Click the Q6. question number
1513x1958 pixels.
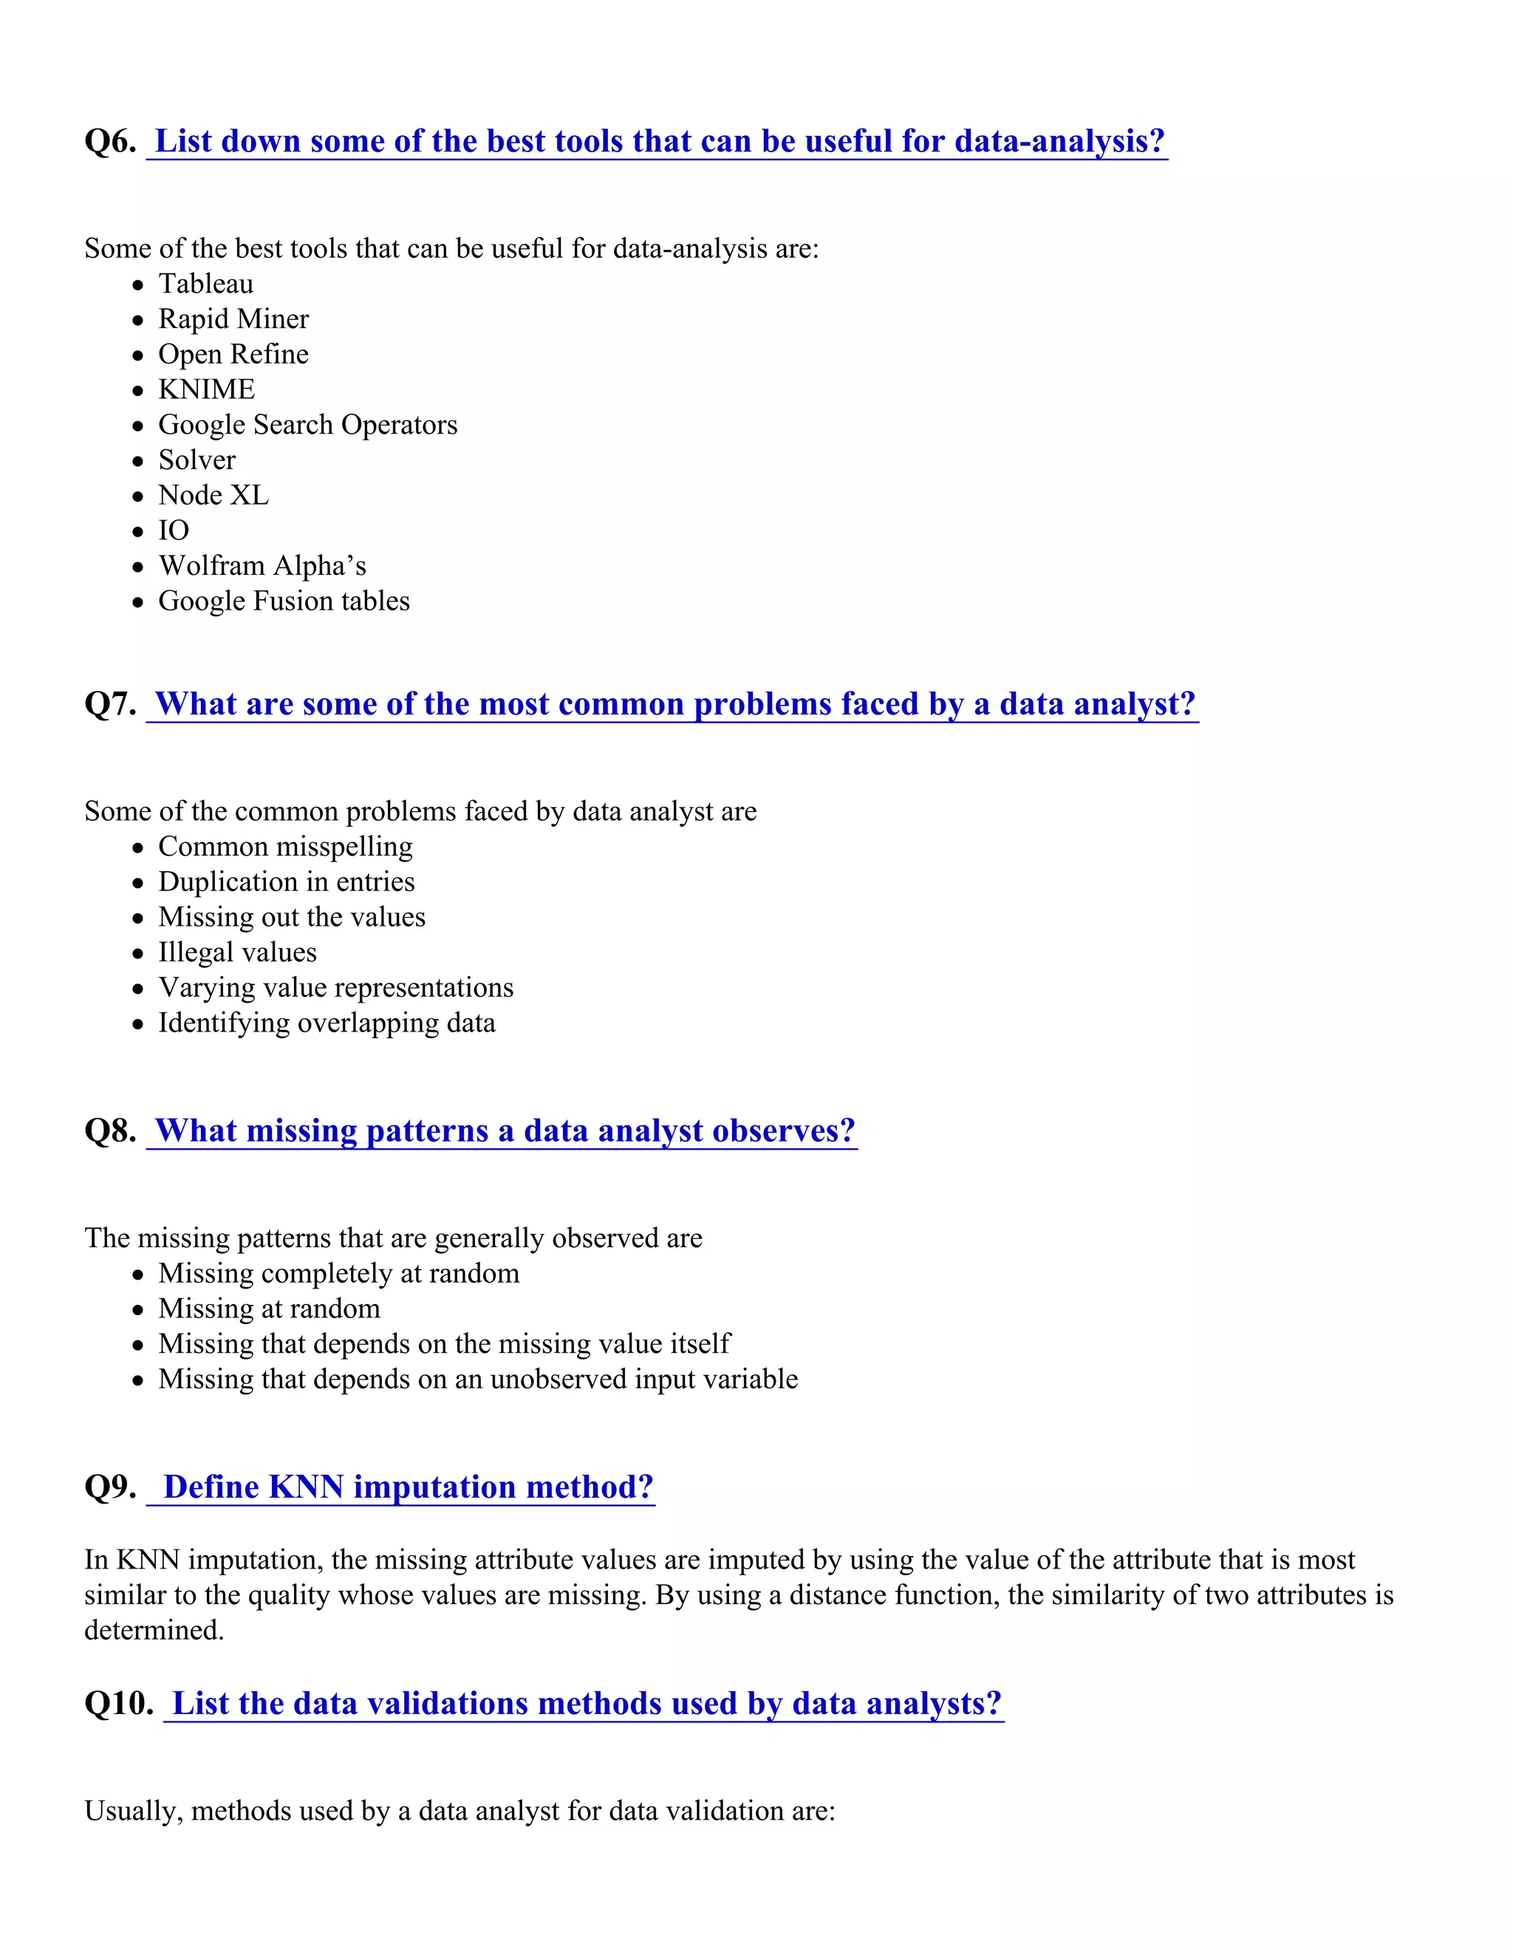tap(110, 142)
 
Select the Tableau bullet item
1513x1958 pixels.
tap(205, 284)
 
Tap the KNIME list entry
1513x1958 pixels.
tap(206, 390)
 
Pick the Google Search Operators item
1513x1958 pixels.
tap(307, 425)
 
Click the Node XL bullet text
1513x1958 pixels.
tap(214, 496)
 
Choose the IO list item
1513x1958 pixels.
tap(174, 531)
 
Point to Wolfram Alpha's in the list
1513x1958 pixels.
tap(262, 566)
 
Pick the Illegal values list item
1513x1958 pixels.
tap(238, 953)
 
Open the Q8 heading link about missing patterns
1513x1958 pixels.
tap(505, 1131)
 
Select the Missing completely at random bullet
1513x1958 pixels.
tap(339, 1274)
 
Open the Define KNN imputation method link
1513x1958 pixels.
tap(408, 1487)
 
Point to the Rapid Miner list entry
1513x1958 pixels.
tap(233, 319)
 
